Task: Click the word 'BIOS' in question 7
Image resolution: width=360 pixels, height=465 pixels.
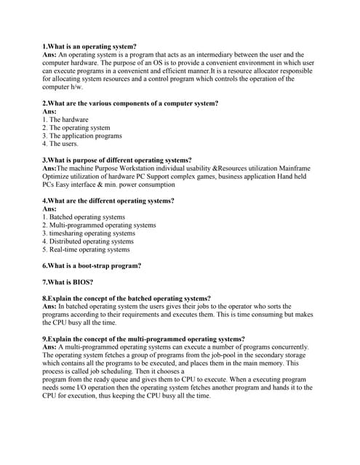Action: [82, 282]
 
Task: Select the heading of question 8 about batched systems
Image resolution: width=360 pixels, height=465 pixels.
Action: [127, 298]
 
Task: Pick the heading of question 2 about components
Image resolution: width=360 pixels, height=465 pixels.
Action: [130, 103]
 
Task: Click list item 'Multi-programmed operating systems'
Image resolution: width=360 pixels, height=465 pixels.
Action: [99, 225]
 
